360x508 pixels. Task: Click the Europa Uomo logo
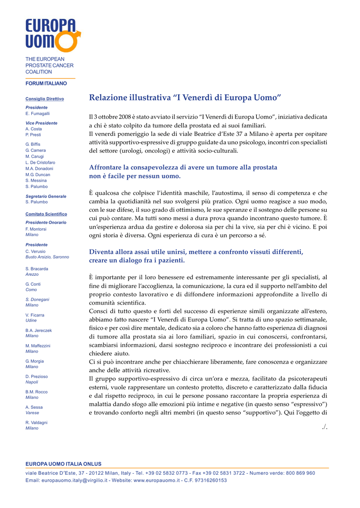point(52,35)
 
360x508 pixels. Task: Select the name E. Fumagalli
point(38,114)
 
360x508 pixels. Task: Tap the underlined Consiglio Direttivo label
point(45,99)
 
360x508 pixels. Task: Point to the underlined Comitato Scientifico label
point(46,214)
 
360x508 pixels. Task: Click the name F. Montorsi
point(36,229)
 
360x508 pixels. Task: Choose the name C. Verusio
point(35,252)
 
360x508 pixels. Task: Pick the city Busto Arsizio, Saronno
point(47,257)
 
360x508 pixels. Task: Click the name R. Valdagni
point(36,423)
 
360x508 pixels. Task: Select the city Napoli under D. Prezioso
point(32,382)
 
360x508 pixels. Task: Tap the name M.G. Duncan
point(38,175)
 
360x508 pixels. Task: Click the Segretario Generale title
point(46,196)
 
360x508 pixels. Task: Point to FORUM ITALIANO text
point(46,83)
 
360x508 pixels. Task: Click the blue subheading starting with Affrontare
point(183,172)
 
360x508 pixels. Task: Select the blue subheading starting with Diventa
point(196,256)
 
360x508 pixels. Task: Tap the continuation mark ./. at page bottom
point(324,427)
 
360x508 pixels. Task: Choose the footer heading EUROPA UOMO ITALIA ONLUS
point(63,463)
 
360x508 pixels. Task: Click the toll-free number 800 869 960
point(299,473)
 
